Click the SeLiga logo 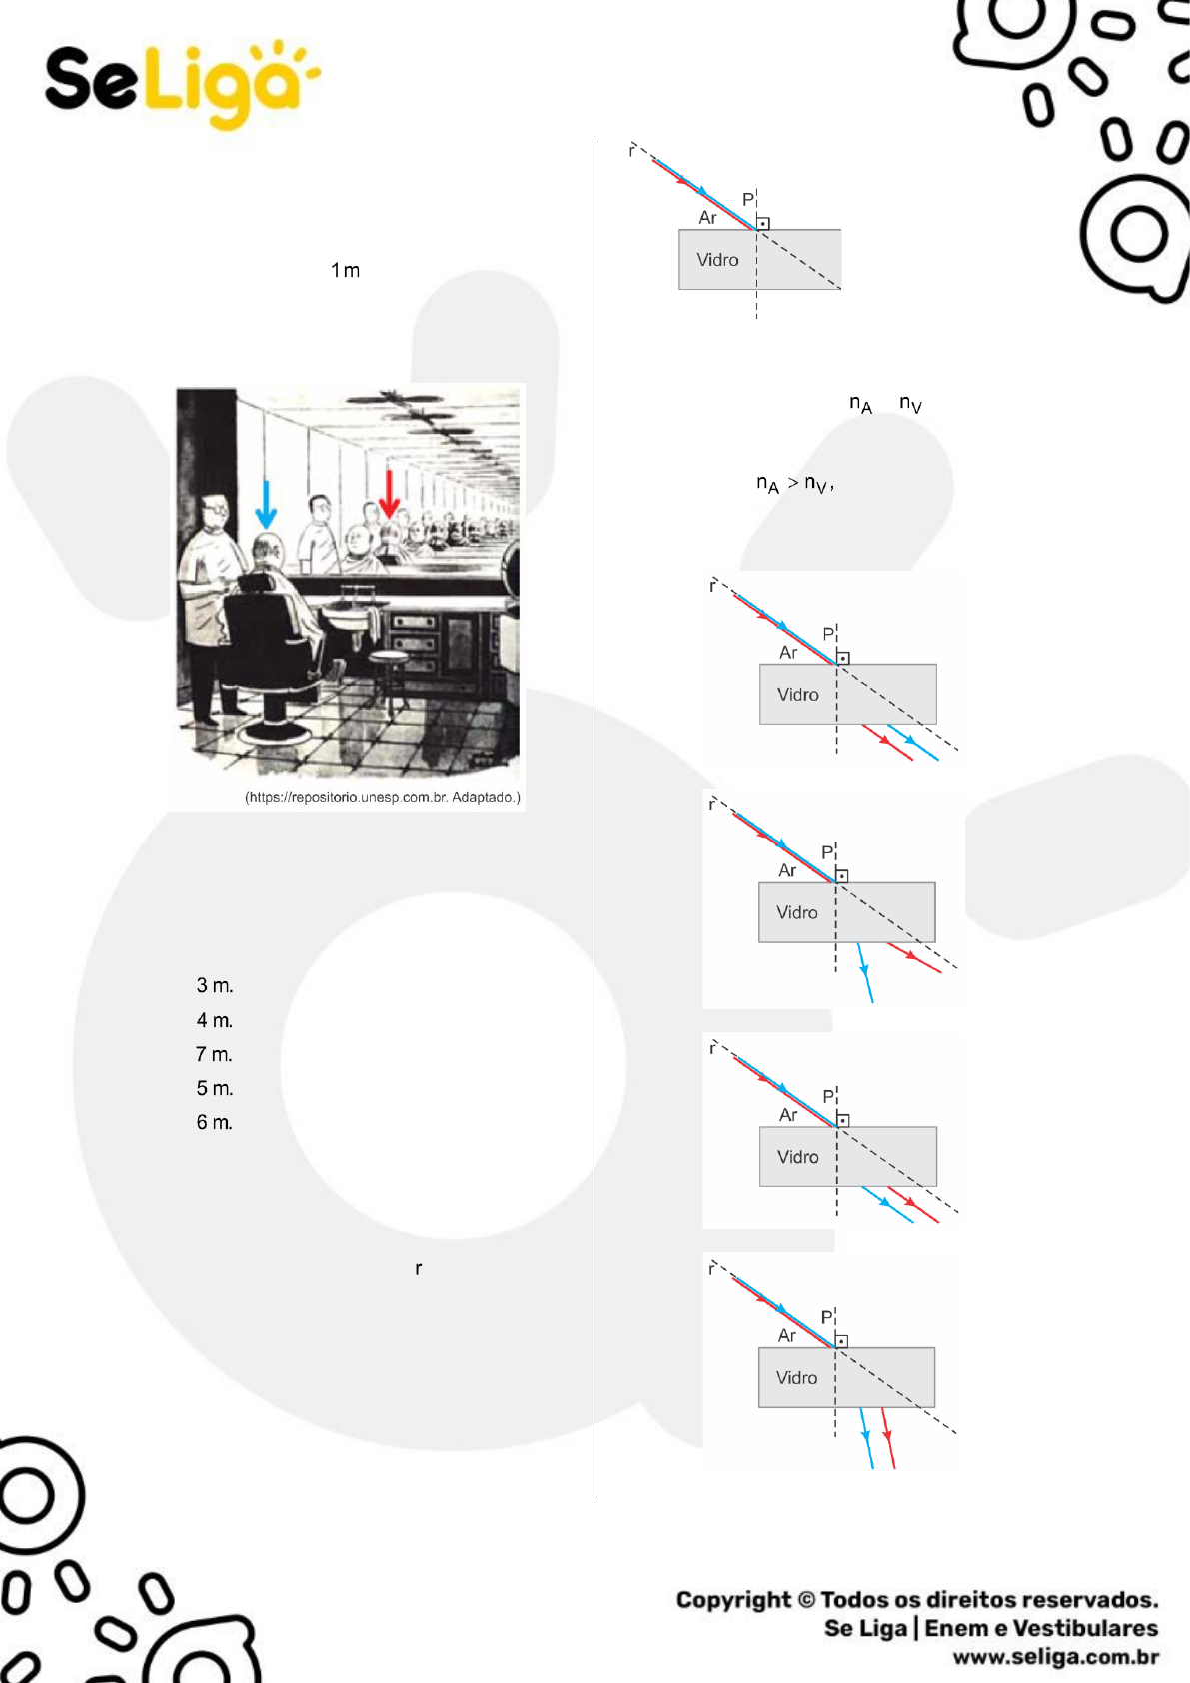[183, 84]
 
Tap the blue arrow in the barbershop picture [266, 504]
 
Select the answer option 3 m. [215, 985]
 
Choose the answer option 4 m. [215, 1020]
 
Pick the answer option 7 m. [214, 1055]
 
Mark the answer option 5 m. [215, 1088]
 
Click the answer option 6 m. [215, 1122]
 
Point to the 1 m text [346, 271]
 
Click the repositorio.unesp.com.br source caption [383, 797]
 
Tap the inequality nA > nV [795, 484]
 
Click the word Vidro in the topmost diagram [717, 260]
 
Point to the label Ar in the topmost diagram [707, 217]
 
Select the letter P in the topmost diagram [748, 200]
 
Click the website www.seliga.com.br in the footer [1055, 1657]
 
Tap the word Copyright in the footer [734, 1600]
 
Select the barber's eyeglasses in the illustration [217, 509]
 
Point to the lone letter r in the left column [419, 1269]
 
